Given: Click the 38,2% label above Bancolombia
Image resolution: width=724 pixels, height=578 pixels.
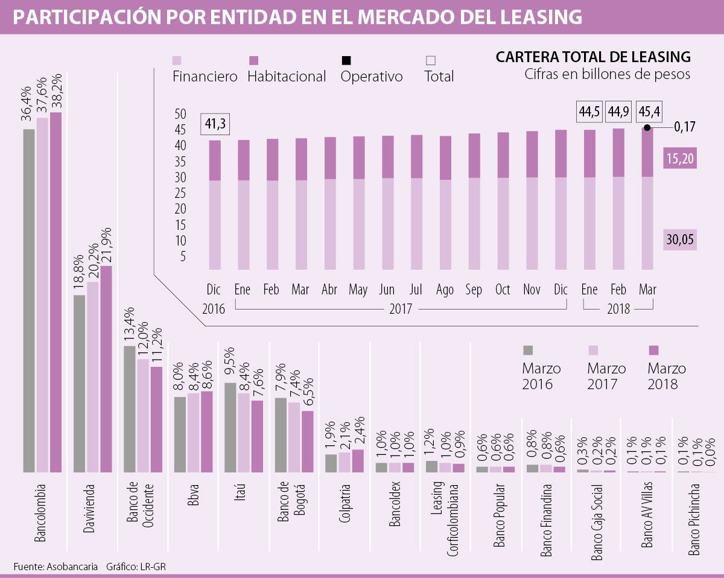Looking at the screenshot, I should tap(56, 94).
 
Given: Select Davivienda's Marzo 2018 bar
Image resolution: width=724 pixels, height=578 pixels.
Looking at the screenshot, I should tap(106, 368).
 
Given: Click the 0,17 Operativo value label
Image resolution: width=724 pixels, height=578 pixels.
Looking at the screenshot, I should tap(684, 127).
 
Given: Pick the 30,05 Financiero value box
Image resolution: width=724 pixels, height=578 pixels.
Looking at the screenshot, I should tap(680, 240).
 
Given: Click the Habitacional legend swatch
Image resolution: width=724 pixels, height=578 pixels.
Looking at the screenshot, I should tap(253, 60).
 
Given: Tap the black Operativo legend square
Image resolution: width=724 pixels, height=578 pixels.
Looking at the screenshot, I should tap(346, 60).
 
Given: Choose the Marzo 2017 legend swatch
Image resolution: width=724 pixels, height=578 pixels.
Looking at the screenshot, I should tap(593, 350).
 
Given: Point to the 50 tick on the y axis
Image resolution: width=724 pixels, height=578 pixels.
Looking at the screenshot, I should tap(180, 114).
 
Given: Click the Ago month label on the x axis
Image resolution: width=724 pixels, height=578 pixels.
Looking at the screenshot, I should tap(445, 290).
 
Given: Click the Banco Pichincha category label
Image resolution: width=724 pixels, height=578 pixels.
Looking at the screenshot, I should tap(694, 519).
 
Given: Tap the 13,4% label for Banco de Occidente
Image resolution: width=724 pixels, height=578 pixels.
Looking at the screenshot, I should tap(129, 326).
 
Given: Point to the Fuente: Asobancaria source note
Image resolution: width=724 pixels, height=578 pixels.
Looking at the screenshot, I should tap(56, 567).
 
